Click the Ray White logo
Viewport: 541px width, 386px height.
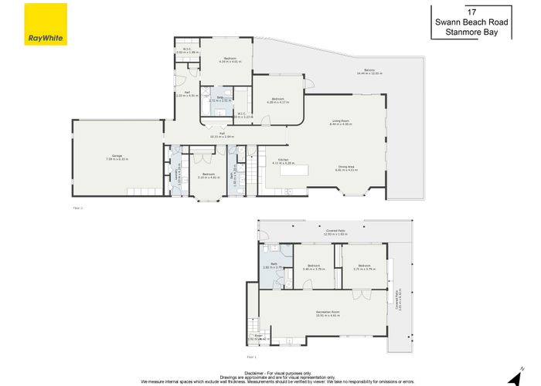tap(46, 24)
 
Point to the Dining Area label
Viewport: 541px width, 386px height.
tap(345, 168)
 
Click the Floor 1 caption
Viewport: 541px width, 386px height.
tap(250, 357)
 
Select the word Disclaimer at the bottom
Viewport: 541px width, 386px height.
tap(254, 371)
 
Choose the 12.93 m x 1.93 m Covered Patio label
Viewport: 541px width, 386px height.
tap(335, 231)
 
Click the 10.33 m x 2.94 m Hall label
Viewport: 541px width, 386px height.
tap(222, 134)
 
